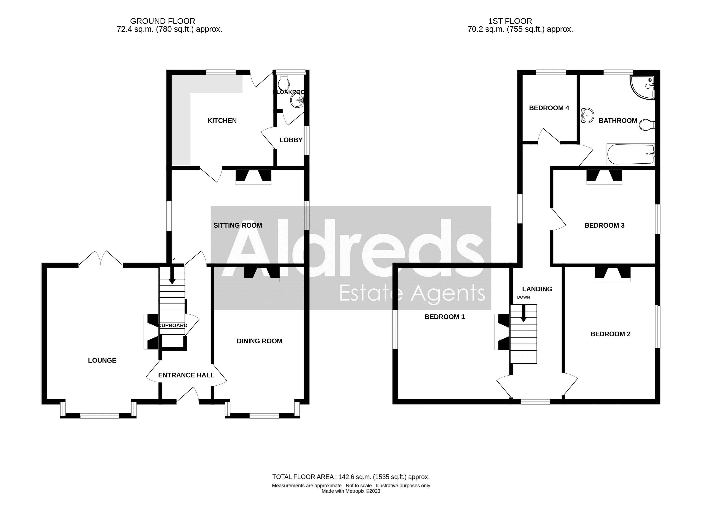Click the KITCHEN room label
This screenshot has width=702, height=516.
[x=222, y=121]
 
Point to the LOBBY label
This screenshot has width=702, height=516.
[x=291, y=140]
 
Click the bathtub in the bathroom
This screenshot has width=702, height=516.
[x=630, y=154]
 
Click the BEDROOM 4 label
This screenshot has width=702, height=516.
[x=549, y=108]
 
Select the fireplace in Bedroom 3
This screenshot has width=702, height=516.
[x=604, y=177]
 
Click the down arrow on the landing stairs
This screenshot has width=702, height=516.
[x=523, y=313]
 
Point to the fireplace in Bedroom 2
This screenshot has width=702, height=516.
[x=612, y=274]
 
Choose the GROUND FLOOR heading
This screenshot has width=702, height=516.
[x=163, y=21]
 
